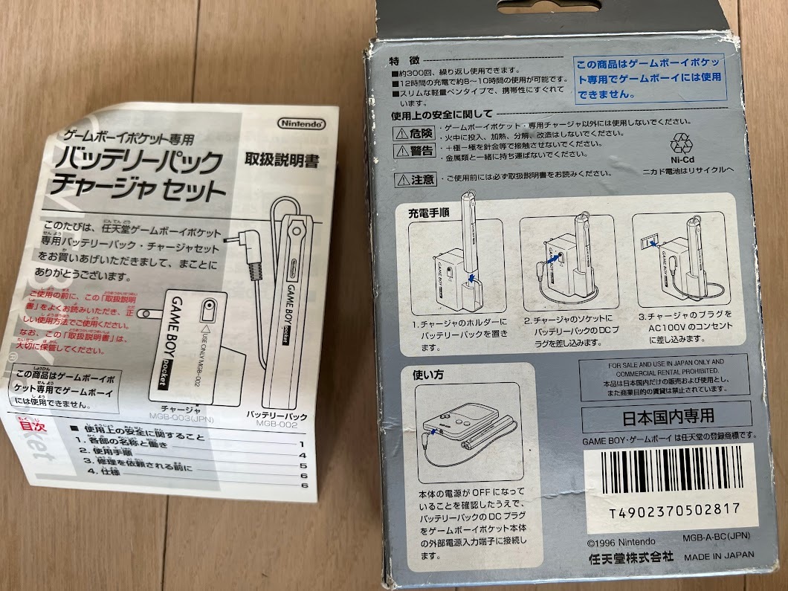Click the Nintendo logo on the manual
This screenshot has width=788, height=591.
(301, 123)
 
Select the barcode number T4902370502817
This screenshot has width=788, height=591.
(674, 509)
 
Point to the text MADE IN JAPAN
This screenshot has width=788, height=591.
(719, 555)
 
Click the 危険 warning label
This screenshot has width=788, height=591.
(415, 133)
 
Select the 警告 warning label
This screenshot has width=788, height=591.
(415, 150)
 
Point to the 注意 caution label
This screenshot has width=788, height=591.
(414, 179)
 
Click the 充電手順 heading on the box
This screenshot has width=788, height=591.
(428, 212)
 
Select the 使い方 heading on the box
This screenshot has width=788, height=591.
(427, 375)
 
